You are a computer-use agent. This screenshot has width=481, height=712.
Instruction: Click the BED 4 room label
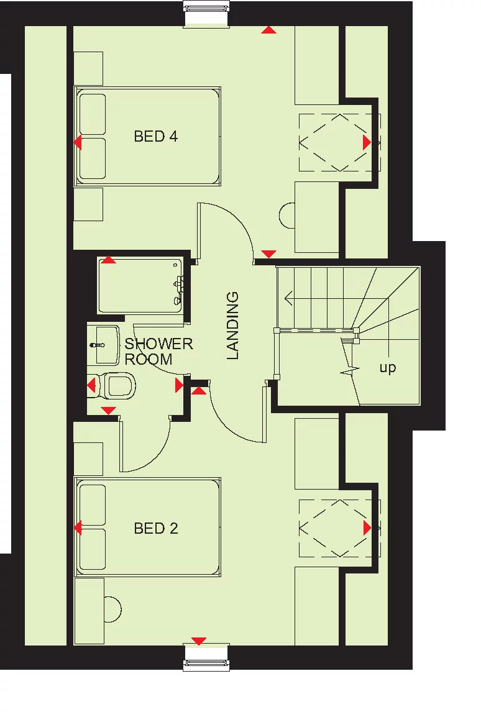156,136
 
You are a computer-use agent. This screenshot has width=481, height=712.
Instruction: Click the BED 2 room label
156,528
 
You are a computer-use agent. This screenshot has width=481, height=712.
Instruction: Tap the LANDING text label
233,326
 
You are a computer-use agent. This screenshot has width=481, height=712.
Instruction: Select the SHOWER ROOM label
158,352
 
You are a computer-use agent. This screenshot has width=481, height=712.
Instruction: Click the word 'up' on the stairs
387,368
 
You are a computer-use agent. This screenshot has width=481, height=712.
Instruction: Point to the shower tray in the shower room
140,286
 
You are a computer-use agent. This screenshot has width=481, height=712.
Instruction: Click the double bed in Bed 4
148,136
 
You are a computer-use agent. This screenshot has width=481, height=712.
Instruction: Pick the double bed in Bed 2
148,527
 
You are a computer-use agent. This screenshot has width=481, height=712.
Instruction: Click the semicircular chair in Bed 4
287,216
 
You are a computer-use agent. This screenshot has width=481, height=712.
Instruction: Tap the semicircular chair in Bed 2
112,608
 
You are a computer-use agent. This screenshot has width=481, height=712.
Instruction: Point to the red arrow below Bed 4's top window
269,29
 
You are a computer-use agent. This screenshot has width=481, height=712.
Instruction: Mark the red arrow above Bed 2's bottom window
198,641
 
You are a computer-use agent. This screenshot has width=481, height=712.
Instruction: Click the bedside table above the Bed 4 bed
88,68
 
